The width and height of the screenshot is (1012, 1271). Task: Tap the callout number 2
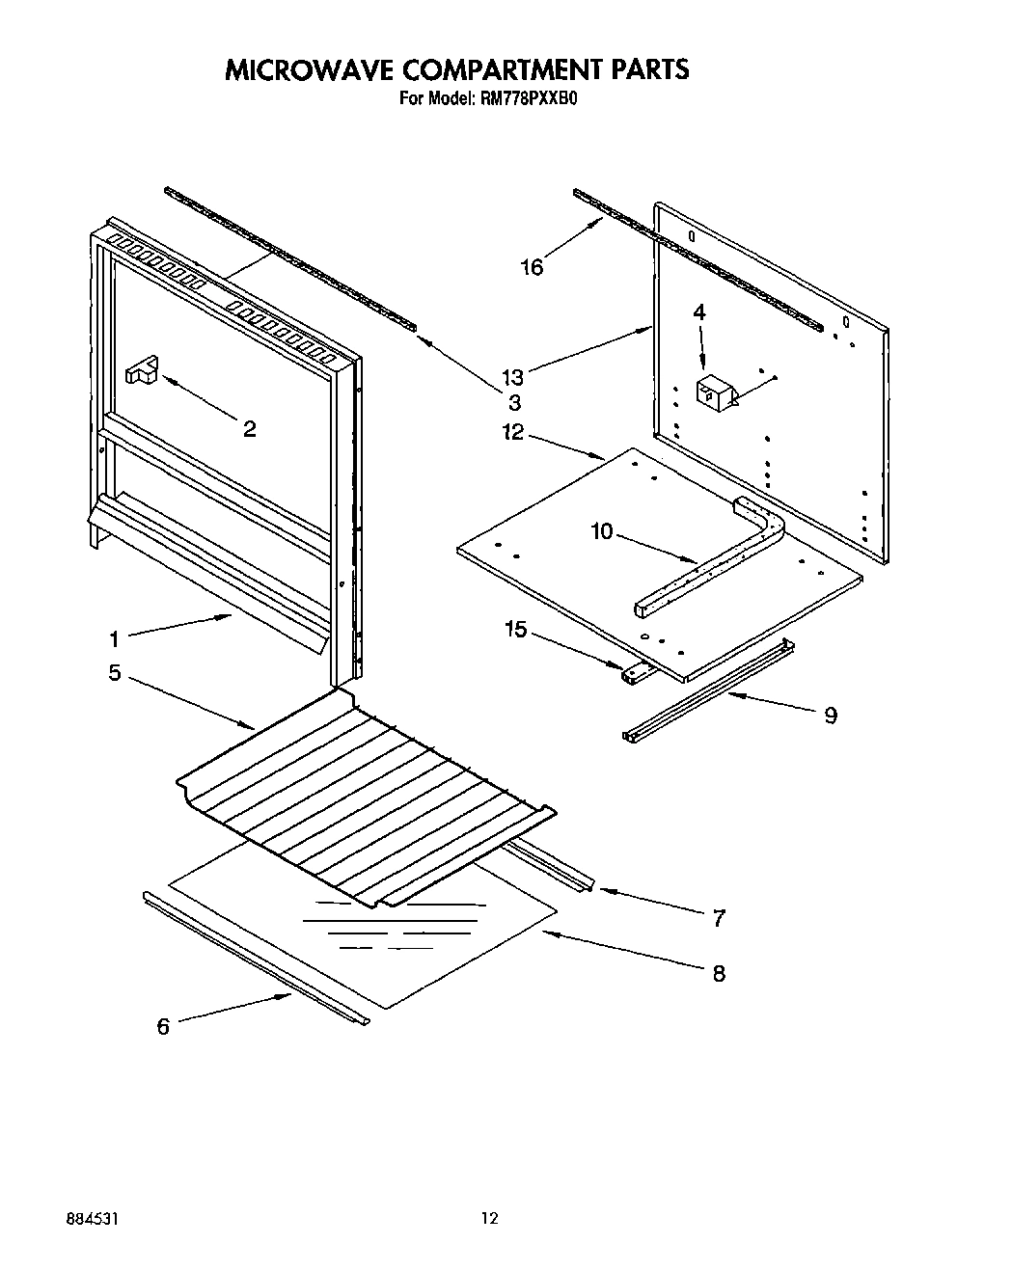(x=249, y=430)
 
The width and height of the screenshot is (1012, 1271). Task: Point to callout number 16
(x=532, y=268)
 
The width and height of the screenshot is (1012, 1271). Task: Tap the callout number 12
(x=512, y=432)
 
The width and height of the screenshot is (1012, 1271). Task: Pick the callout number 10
(x=601, y=531)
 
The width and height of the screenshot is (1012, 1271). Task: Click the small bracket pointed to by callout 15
(x=634, y=674)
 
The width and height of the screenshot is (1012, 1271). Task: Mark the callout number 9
(x=831, y=715)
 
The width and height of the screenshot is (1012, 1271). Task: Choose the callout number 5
(x=115, y=673)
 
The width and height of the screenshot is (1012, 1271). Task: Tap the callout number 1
(x=114, y=638)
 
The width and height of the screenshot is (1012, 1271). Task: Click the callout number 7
(x=719, y=919)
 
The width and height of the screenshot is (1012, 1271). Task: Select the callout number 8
(x=719, y=973)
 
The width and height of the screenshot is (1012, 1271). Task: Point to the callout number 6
(x=163, y=1027)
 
